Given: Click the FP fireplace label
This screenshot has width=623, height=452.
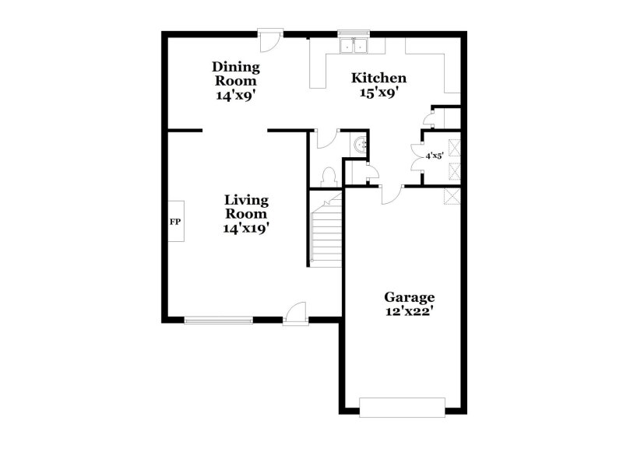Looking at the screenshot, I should pyautogui.click(x=175, y=222).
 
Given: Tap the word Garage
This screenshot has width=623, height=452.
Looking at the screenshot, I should pyautogui.click(x=409, y=297).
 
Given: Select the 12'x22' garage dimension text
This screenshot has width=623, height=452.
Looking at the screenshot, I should pyautogui.click(x=409, y=311).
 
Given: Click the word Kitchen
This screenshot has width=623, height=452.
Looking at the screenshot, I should pyautogui.click(x=378, y=78).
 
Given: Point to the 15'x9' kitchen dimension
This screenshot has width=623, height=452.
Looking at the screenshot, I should pyautogui.click(x=378, y=92).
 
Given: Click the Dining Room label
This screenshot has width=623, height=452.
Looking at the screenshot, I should pyautogui.click(x=236, y=73).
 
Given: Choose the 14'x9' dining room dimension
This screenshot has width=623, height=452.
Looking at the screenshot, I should pyautogui.click(x=236, y=96).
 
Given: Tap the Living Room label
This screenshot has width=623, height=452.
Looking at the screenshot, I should pyautogui.click(x=246, y=206).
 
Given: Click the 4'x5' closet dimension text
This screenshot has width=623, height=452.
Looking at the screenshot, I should pyautogui.click(x=434, y=156).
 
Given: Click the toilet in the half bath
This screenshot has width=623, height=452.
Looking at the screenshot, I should pyautogui.click(x=328, y=176).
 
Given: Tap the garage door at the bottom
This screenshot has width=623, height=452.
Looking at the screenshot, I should pyautogui.click(x=402, y=407).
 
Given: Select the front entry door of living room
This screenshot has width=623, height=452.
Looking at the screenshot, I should pyautogui.click(x=296, y=314).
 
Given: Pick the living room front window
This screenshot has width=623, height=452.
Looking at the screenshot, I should pyautogui.click(x=218, y=319).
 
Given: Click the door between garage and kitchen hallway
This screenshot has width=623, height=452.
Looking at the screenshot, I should pyautogui.click(x=390, y=194).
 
